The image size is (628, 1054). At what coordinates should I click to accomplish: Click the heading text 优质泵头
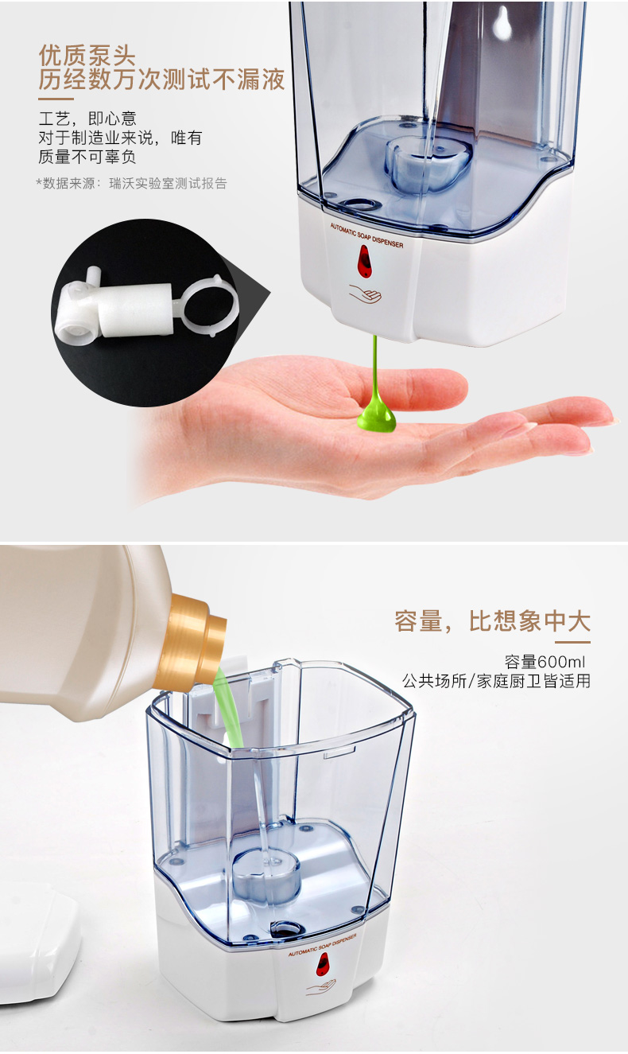tap(87, 56)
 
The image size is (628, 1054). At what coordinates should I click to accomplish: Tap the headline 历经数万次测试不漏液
tap(161, 79)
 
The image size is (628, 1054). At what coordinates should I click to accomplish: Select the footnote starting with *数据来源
tap(132, 183)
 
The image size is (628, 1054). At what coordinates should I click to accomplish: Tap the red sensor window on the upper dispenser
tap(364, 261)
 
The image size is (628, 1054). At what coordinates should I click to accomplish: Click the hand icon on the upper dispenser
tap(365, 294)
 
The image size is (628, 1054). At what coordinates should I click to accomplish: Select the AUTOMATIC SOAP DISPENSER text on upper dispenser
tap(366, 235)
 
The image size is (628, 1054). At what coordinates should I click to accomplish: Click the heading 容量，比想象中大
tap(492, 621)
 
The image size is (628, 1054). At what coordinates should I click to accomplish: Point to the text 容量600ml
tap(545, 662)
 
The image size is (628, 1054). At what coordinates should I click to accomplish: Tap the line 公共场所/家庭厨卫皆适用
tap(496, 682)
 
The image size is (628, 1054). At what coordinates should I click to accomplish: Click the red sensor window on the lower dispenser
tap(323, 963)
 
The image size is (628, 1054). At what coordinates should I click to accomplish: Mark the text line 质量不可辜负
tap(87, 157)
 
